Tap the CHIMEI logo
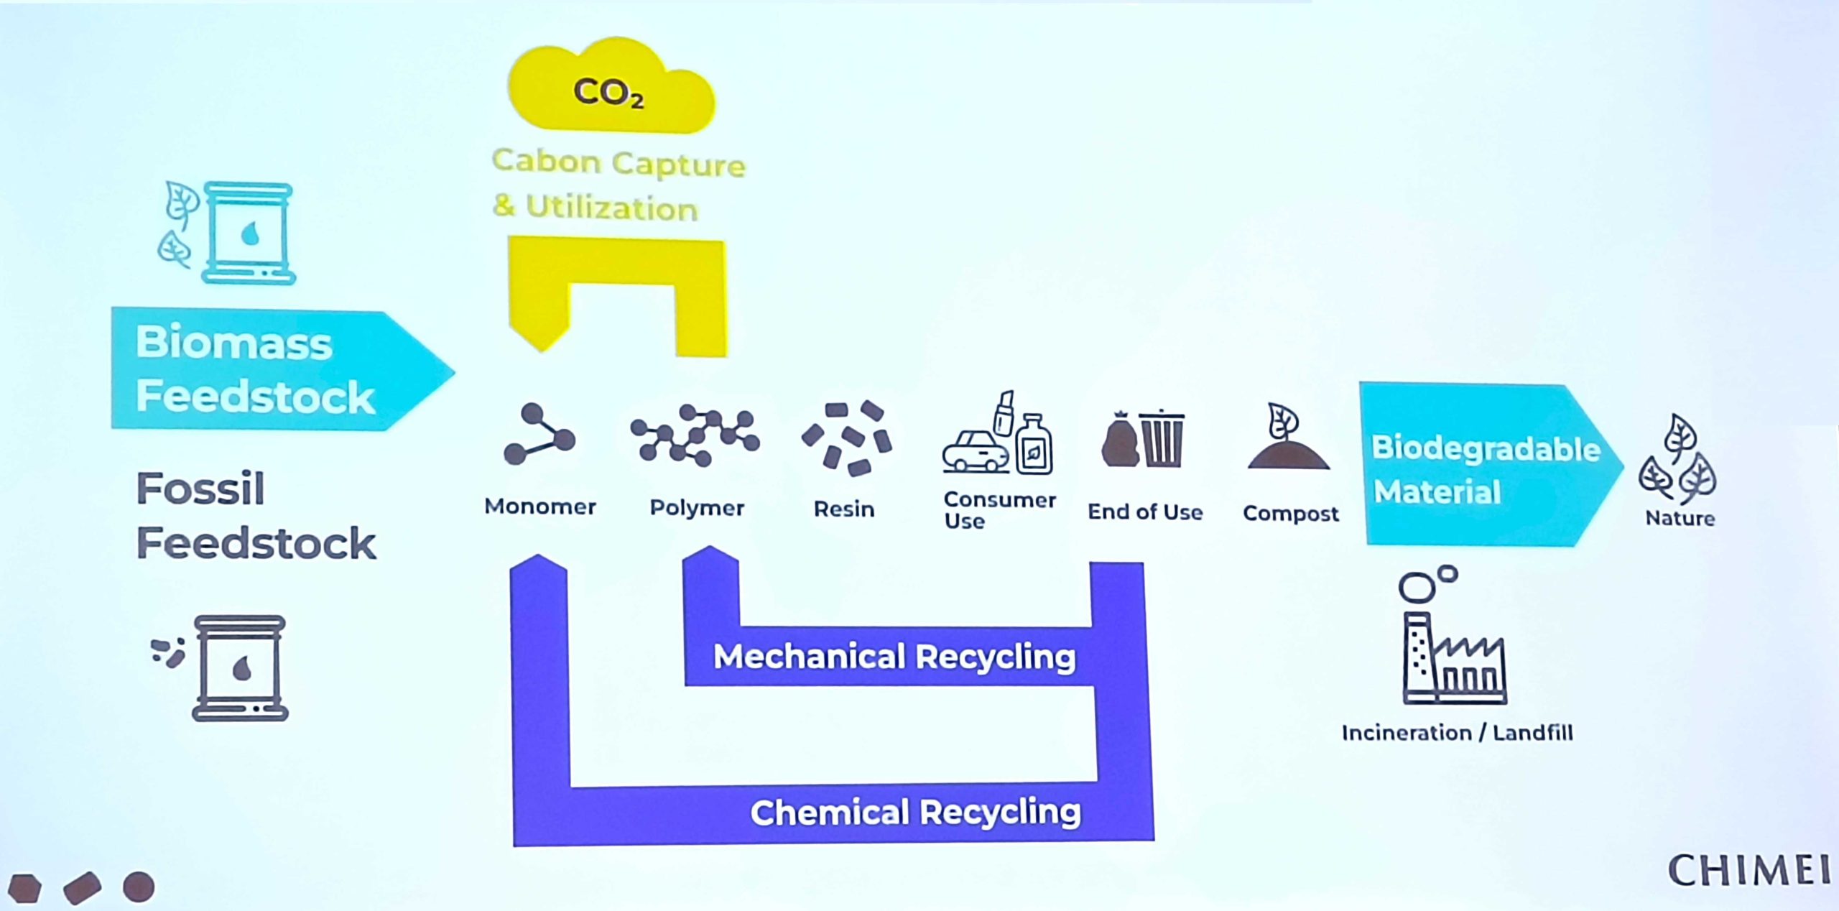[1748, 871]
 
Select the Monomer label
[540, 507]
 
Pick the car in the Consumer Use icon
[975, 450]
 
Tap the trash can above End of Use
[1161, 438]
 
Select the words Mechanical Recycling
[894, 657]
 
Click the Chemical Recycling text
[915, 813]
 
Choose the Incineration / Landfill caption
[1457, 733]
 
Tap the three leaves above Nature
[1678, 461]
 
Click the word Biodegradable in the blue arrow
[1486, 448]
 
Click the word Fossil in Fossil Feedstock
[200, 489]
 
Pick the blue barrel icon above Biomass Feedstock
[248, 233]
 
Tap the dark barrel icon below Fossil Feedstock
[240, 668]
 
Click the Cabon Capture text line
[619, 163]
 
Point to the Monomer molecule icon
[539, 435]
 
